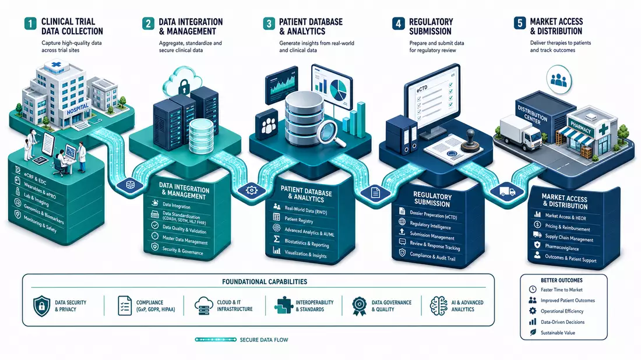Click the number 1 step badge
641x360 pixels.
[30, 23]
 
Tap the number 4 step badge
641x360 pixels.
[398, 23]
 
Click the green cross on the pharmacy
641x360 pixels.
[603, 130]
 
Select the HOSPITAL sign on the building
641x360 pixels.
[78, 109]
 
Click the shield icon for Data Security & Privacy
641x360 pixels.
[41, 306]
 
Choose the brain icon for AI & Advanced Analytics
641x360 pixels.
[439, 306]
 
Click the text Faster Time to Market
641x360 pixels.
[561, 290]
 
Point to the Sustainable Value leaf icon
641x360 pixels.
[533, 333]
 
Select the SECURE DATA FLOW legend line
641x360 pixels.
[216, 340]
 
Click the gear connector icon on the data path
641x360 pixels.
[251, 190]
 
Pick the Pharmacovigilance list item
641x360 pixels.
[561, 247]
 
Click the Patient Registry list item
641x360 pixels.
[299, 220]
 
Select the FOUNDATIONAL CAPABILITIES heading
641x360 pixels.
[265, 281]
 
